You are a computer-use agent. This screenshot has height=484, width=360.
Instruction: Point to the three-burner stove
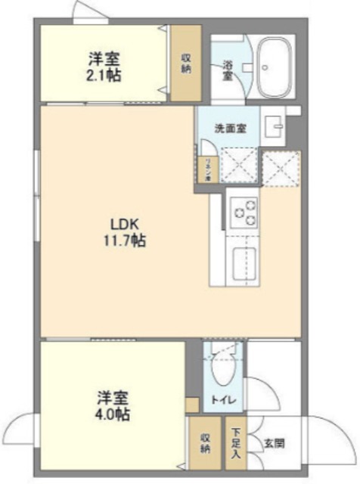pyautogui.click(x=244, y=212)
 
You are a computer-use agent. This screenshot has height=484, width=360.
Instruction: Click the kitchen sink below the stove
pyautogui.click(x=244, y=265)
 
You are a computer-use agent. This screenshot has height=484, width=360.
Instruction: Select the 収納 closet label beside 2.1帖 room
pyautogui.click(x=185, y=63)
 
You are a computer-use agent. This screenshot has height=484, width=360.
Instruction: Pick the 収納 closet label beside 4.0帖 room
pyautogui.click(x=205, y=445)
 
